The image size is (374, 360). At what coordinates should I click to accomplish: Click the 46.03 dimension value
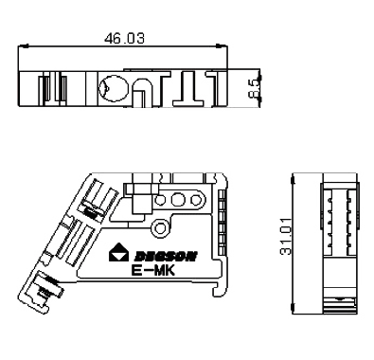(x=124, y=38)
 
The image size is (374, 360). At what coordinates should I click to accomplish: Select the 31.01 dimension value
(x=286, y=236)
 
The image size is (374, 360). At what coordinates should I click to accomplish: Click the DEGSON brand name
(x=166, y=256)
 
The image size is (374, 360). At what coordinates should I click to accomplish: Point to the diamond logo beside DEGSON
(x=118, y=253)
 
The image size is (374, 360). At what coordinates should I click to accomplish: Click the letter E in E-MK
(x=136, y=271)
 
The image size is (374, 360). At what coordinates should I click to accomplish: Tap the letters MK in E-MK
(x=164, y=271)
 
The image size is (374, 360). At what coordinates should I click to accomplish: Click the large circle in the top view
(x=113, y=89)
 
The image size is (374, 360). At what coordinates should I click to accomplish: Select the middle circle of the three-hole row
(x=178, y=199)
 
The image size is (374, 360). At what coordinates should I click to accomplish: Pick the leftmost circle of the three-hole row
(x=160, y=200)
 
